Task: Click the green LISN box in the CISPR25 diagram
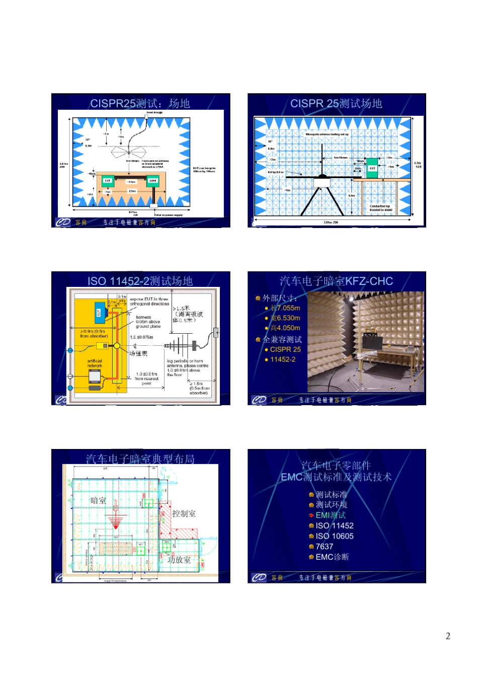pos(152,181)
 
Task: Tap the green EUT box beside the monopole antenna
pos(372,169)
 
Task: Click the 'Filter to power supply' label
pos(169,215)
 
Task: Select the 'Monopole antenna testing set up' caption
pos(327,134)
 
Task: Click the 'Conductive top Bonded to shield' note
pos(381,208)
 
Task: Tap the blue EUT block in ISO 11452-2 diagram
pos(99,313)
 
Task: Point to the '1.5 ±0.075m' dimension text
pos(141,337)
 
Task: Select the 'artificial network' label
pos(95,363)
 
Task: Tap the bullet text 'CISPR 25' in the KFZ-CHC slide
pos(285,349)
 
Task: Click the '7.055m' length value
pos(288,308)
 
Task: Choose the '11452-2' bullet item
pos(283,359)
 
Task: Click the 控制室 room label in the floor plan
pos(184,513)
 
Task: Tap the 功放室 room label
pos(179,560)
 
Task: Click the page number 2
pos(448,636)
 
